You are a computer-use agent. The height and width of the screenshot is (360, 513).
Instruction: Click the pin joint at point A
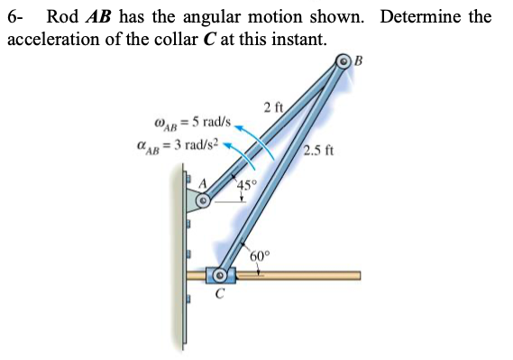pos(204,202)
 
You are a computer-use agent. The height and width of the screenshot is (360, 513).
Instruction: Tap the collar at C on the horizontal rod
pos(219,273)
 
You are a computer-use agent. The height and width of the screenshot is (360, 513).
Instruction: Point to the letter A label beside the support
pos(204,184)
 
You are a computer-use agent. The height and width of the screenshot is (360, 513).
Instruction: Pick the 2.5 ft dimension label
pos(320,151)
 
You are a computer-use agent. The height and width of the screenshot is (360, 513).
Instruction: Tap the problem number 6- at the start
pos(16,16)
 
